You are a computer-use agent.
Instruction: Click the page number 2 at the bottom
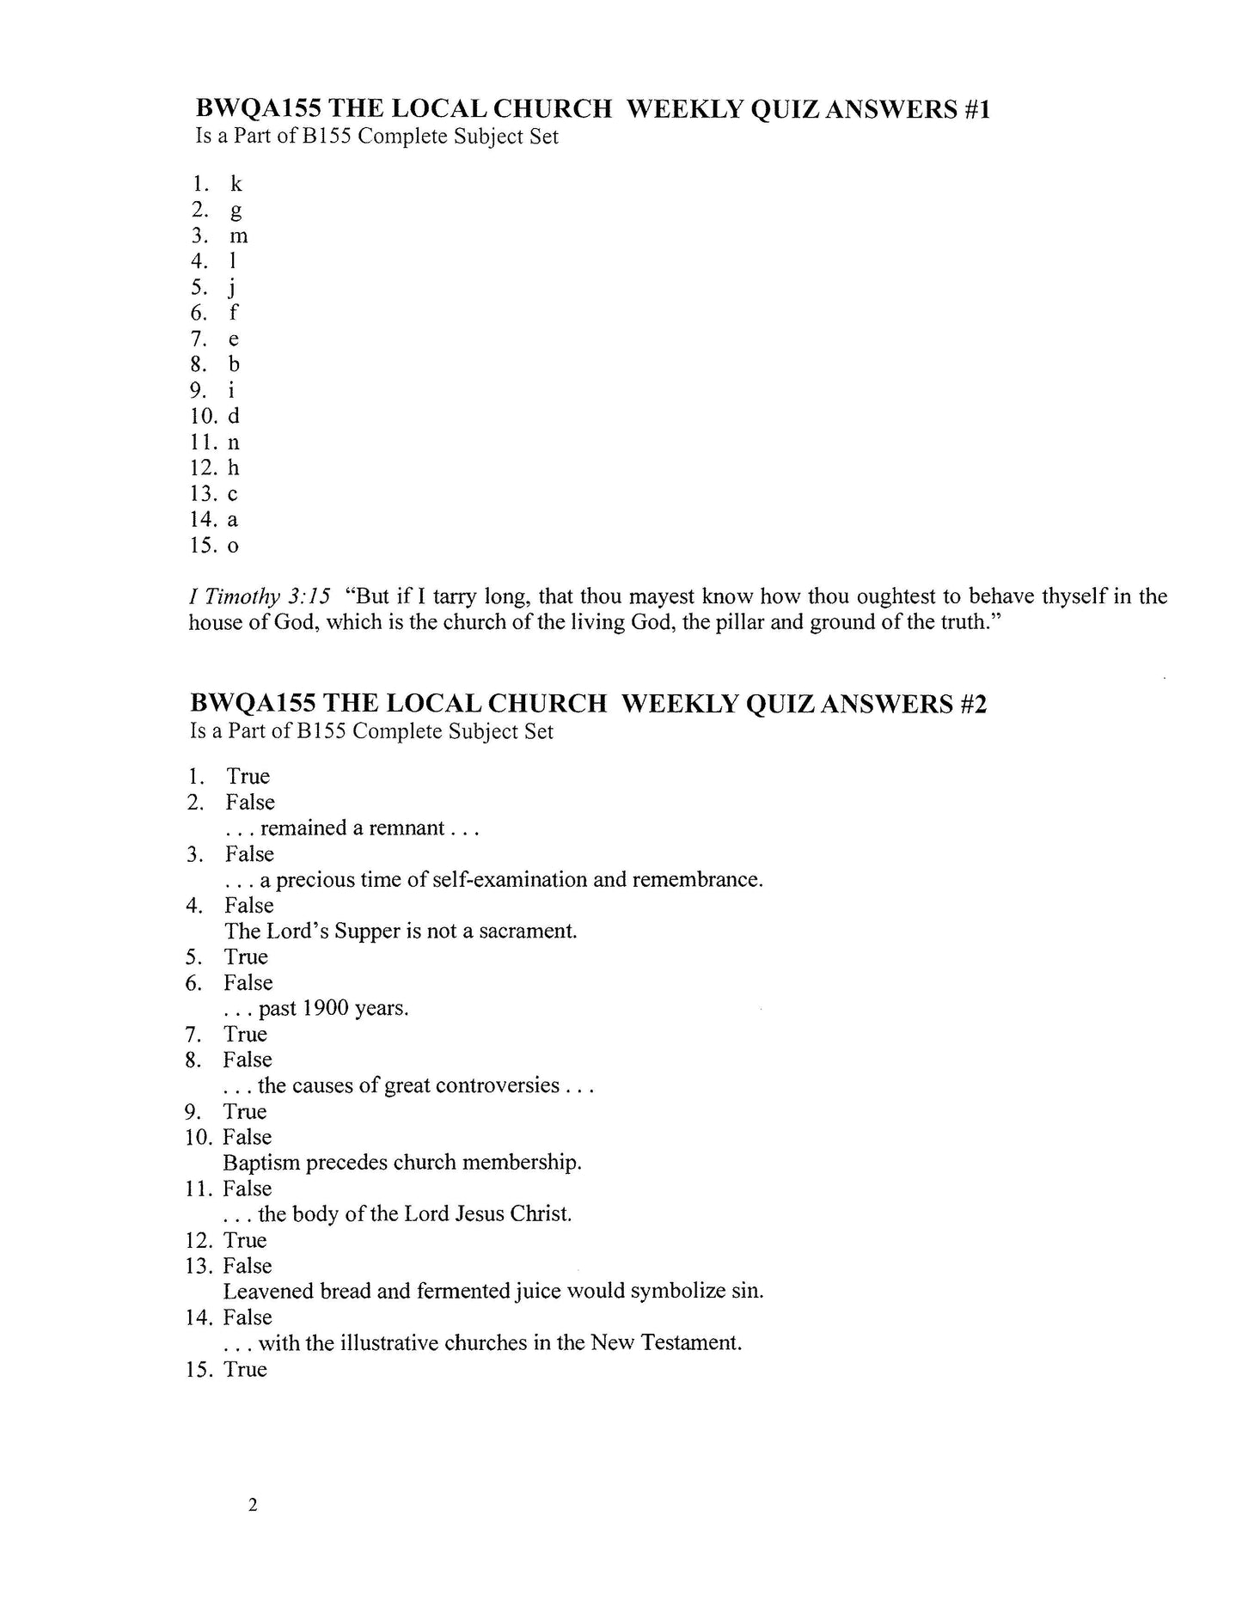pyautogui.click(x=252, y=1505)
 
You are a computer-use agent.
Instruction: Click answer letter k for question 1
pyautogui.click(x=236, y=184)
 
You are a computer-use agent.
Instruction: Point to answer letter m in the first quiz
pyautogui.click(x=239, y=236)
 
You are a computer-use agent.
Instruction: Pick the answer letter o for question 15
pyautogui.click(x=233, y=547)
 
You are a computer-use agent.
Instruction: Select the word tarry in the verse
pyautogui.click(x=433, y=596)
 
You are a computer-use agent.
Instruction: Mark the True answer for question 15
pyautogui.click(x=246, y=1369)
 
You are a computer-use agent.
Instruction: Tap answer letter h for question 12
pyautogui.click(x=233, y=468)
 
